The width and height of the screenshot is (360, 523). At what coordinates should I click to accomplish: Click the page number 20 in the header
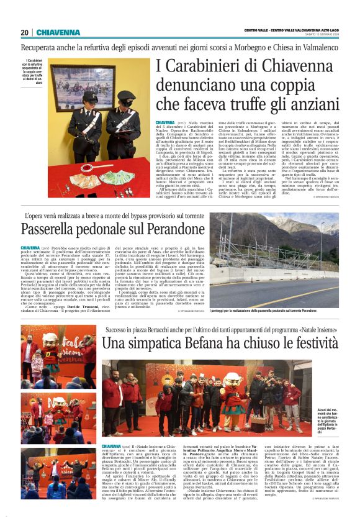(24, 32)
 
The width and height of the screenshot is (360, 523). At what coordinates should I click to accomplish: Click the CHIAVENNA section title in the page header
(56, 32)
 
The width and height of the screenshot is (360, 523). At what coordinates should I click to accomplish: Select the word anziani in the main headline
(306, 102)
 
